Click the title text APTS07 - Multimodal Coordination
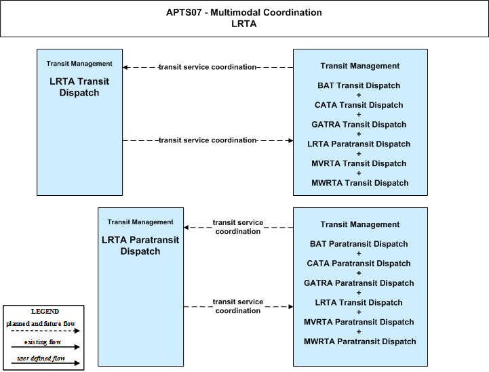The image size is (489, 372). click(244, 12)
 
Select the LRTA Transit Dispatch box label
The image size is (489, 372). click(79, 87)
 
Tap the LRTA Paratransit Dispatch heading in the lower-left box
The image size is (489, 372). click(140, 245)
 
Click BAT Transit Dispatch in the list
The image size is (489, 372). click(359, 85)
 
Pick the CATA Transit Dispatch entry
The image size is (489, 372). click(359, 105)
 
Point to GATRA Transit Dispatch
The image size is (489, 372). click(359, 124)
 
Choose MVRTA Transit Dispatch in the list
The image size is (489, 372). click(359, 163)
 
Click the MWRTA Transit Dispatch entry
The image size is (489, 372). click(360, 183)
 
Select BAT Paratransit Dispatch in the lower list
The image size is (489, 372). click(359, 244)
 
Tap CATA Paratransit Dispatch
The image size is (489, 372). click(359, 264)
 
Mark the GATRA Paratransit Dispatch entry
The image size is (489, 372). click(359, 283)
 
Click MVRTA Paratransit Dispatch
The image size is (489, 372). click(359, 322)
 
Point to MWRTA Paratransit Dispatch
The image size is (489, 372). click(360, 342)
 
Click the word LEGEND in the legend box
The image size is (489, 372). click(45, 311)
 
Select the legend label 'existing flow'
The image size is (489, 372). click(43, 342)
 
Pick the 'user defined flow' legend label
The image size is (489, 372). click(41, 358)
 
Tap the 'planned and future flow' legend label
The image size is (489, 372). click(41, 324)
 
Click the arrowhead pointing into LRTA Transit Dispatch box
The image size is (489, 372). click(125, 67)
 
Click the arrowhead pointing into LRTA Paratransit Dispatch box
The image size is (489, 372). click(187, 228)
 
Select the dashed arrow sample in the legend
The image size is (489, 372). click(45, 331)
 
